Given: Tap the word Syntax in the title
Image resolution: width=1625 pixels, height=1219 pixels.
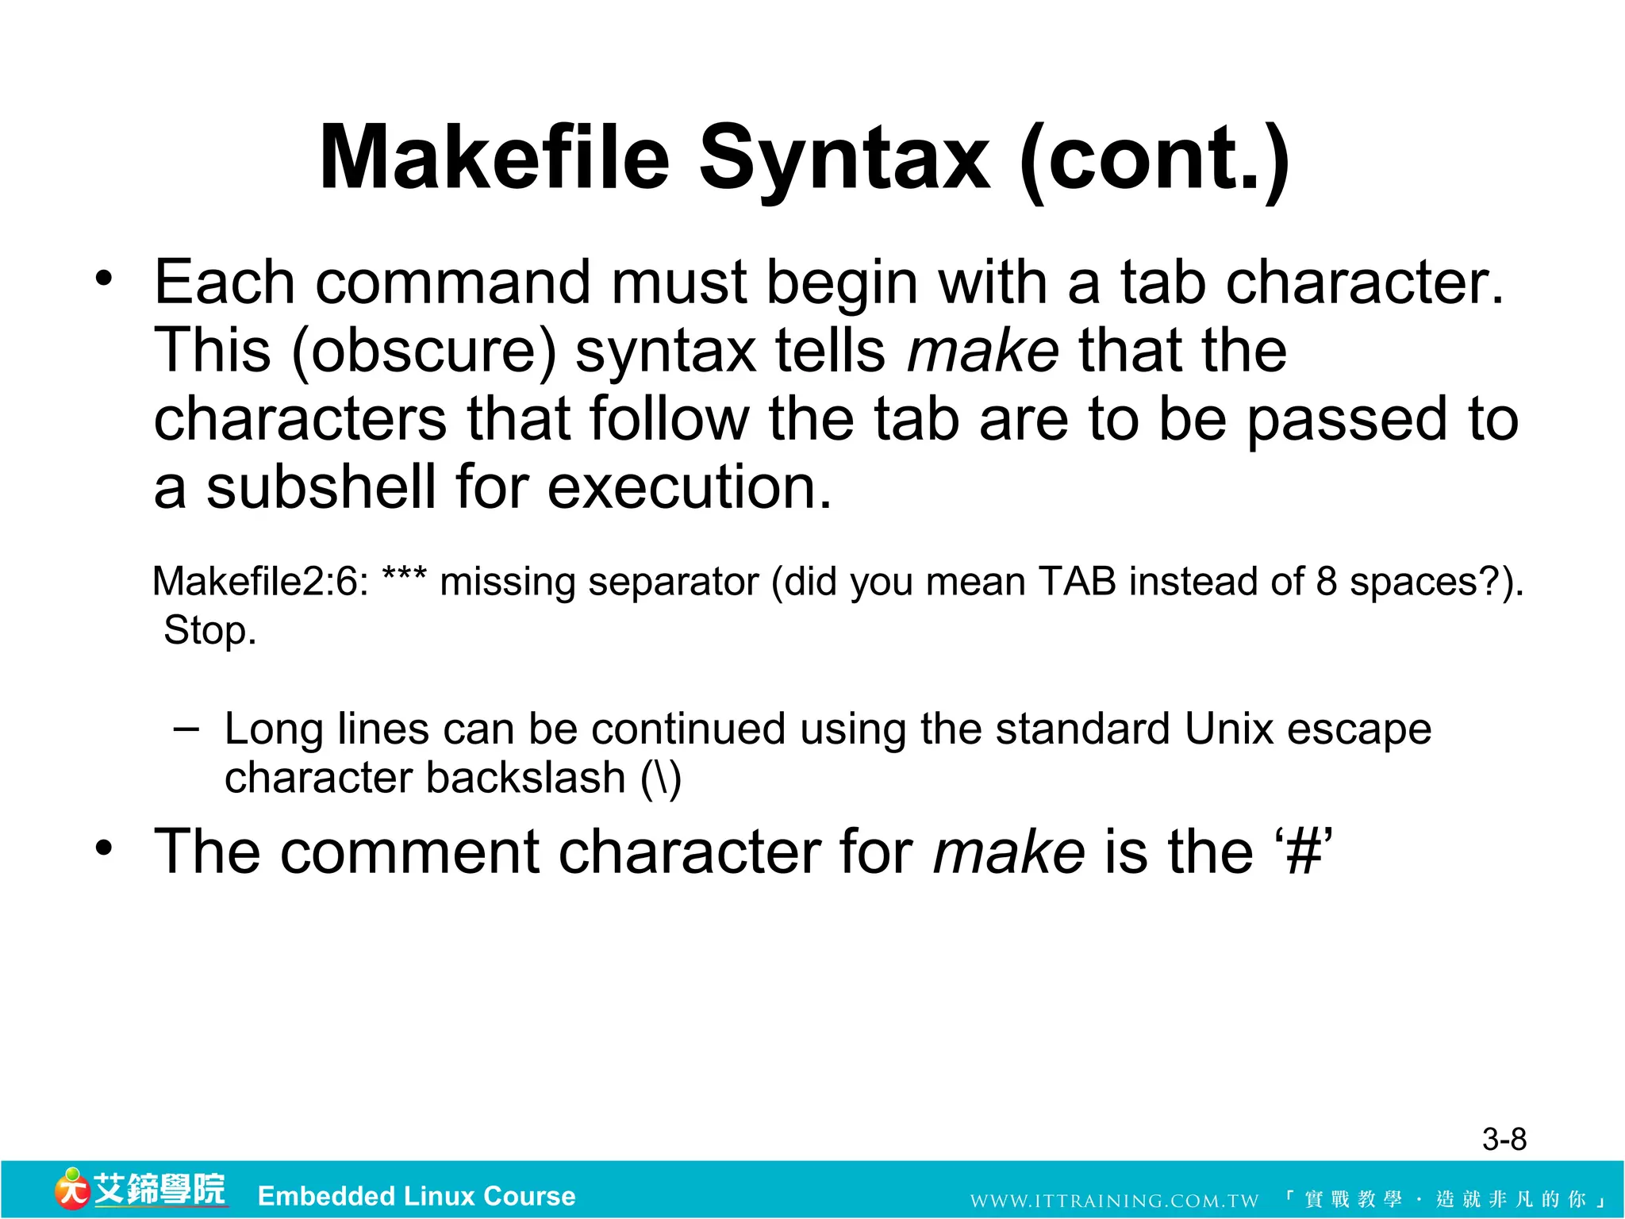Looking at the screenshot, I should [844, 159].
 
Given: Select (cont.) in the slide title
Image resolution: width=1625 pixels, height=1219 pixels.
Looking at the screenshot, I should [1154, 159].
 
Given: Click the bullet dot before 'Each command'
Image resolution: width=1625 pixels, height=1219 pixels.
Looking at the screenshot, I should [104, 279].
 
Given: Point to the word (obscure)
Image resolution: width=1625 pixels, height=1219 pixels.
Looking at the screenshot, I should [424, 352].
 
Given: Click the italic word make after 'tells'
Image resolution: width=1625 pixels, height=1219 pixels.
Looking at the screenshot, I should [982, 352].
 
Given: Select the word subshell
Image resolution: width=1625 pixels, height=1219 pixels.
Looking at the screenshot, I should [321, 487].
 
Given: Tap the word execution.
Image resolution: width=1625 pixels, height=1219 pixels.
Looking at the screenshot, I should [690, 487].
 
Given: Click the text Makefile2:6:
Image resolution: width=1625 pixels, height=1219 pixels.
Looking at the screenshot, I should [260, 582].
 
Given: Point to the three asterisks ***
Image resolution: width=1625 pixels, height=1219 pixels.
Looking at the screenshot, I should [404, 575].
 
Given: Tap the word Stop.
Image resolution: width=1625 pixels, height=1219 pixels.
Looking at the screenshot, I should [209, 631].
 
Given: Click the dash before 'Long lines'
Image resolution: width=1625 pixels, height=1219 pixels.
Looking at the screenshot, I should [186, 729].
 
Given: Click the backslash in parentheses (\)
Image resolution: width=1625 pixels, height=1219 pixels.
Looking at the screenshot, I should [661, 779].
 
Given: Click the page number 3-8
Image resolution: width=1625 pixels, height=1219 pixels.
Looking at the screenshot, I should [1504, 1140].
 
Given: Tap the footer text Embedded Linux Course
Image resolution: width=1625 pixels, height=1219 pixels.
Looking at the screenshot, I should [417, 1196].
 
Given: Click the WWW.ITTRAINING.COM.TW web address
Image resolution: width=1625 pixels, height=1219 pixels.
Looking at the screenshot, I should [1114, 1201].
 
